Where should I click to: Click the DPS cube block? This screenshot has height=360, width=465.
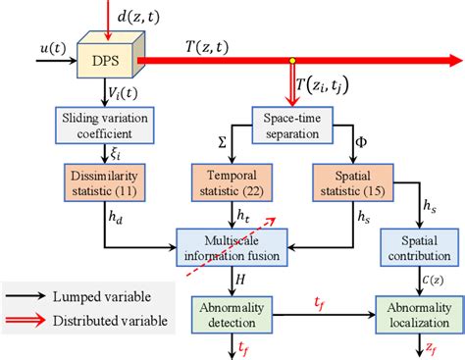tap(107, 60)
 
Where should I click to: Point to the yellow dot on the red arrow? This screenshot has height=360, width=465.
tap(290, 62)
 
